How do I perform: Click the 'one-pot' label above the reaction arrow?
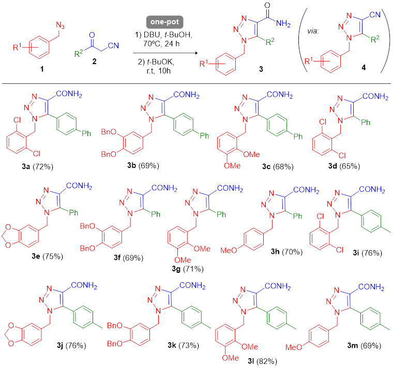(x=161, y=22)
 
